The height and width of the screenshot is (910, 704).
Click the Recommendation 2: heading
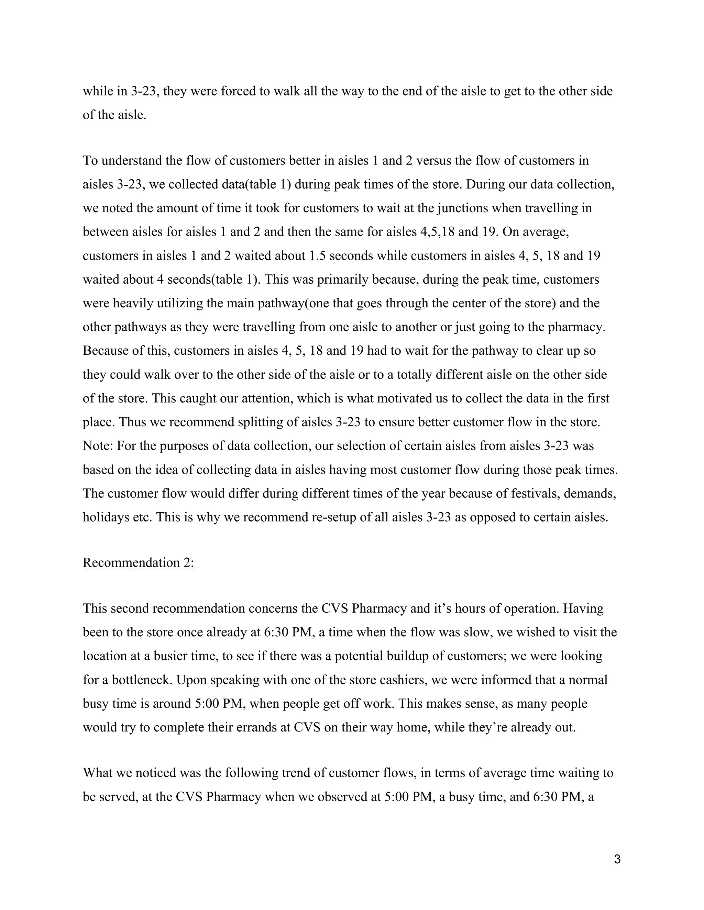click(138, 562)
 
